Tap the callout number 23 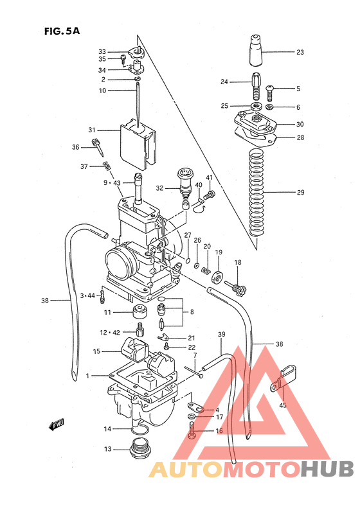300,52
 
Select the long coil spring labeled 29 256,193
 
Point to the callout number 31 92,128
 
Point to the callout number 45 282,405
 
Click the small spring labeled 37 107,168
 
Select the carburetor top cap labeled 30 256,122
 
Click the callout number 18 237,262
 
